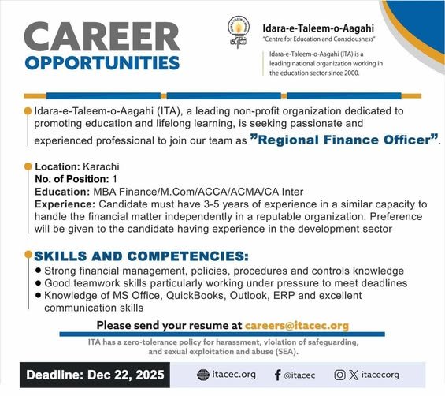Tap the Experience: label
pyautogui.click(x=65, y=204)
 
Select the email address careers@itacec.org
pyautogui.click(x=296, y=325)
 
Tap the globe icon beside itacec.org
pyautogui.click(x=202, y=375)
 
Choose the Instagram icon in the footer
pyautogui.click(x=339, y=375)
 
